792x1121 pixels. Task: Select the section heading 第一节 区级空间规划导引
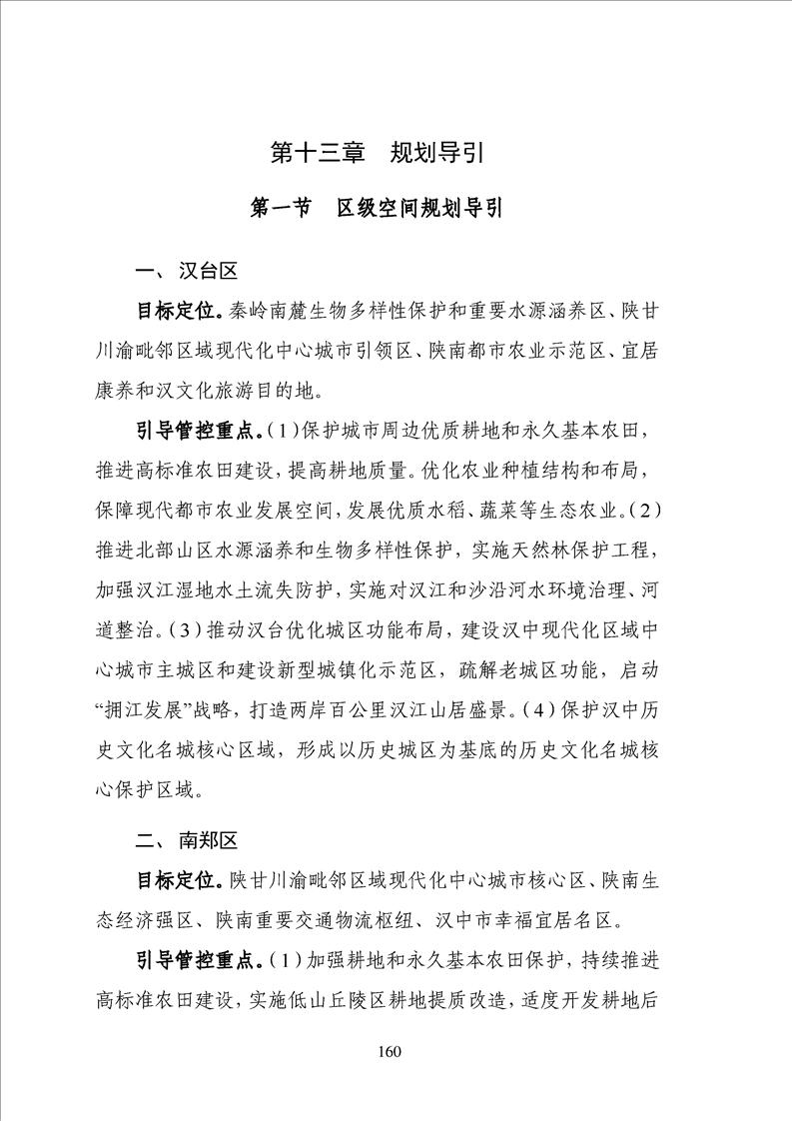pyautogui.click(x=377, y=209)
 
